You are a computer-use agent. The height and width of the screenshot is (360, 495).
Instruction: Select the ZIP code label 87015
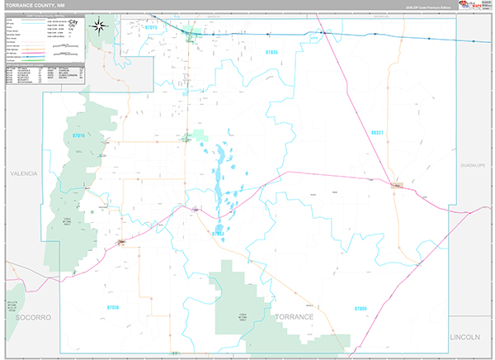coord(149,28)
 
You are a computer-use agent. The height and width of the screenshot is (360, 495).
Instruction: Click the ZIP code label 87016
coord(79,134)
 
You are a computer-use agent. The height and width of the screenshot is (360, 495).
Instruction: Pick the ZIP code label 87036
coord(114,306)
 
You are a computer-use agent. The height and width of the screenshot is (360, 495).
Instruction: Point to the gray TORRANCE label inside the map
coord(295,317)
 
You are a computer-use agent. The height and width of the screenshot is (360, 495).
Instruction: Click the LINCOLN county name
coord(470,338)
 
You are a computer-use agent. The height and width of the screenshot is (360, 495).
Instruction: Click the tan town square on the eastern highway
coord(397,186)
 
